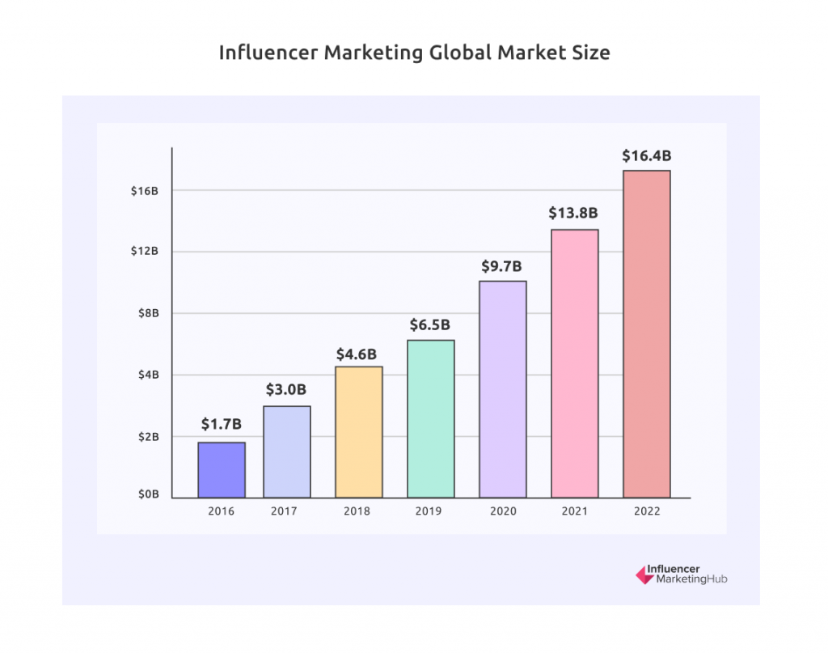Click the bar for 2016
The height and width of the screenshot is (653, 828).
(221, 469)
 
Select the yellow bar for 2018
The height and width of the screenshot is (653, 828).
(358, 431)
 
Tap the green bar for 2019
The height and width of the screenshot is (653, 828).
(430, 418)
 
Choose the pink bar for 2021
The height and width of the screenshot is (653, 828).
(574, 363)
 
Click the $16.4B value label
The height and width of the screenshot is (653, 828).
(646, 155)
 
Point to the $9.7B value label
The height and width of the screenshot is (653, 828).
(502, 266)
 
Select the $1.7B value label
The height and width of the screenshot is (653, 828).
(221, 423)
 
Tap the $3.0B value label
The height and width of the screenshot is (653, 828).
(286, 390)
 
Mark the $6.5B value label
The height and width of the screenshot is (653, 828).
(430, 324)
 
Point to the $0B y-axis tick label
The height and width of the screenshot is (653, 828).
(149, 494)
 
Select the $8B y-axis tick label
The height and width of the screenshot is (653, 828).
(150, 313)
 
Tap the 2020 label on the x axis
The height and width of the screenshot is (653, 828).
(502, 511)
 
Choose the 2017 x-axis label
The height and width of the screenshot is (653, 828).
(286, 511)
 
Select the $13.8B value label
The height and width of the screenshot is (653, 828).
(574, 214)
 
